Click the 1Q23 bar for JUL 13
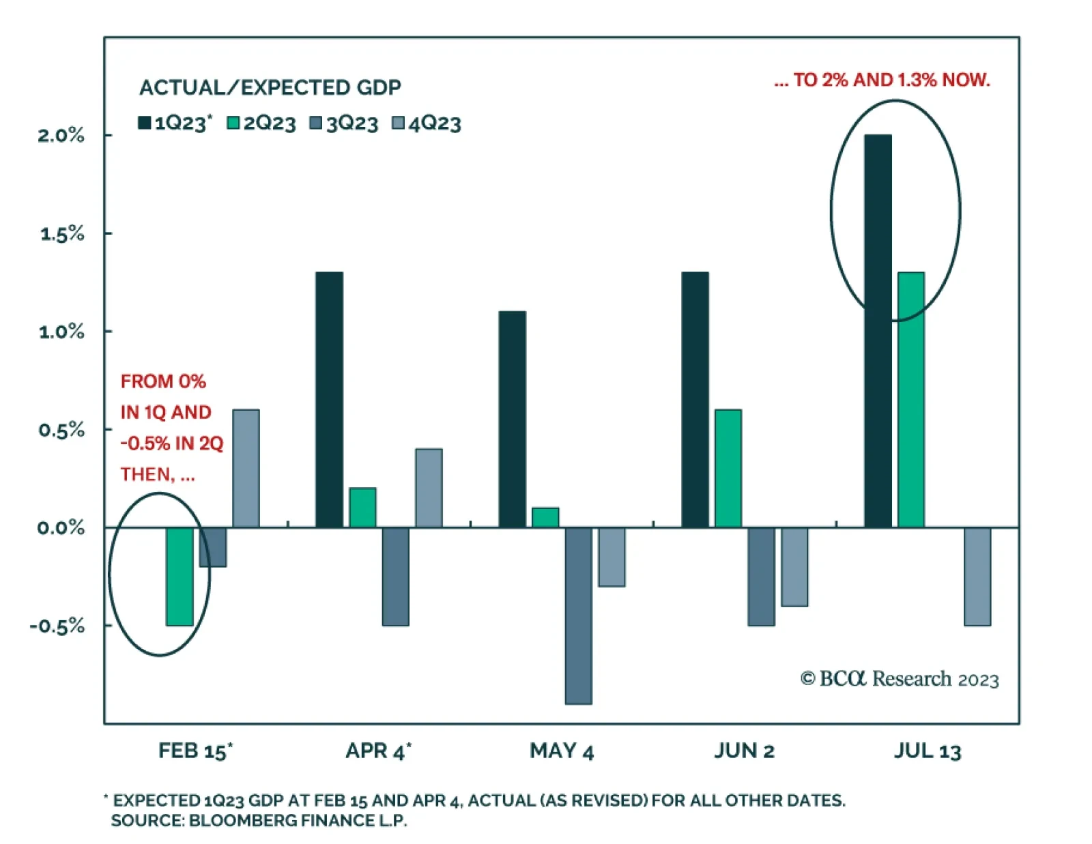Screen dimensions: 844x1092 click(878, 331)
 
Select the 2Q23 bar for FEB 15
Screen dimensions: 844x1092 click(179, 576)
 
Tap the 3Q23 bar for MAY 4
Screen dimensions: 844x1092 click(578, 615)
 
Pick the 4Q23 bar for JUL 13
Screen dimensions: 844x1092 click(977, 576)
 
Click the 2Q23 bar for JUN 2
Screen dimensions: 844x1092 click(728, 468)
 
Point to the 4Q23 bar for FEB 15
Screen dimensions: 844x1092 click(246, 468)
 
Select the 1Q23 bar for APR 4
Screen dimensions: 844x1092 click(329, 399)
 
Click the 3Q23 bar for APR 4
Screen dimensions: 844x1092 click(395, 576)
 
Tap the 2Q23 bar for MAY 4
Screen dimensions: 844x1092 click(545, 517)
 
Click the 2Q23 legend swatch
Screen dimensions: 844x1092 click(233, 123)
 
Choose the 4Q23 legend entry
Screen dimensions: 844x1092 click(427, 123)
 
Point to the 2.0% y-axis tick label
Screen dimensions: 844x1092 click(61, 135)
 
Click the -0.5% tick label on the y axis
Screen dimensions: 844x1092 click(57, 626)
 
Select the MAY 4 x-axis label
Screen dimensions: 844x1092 click(562, 751)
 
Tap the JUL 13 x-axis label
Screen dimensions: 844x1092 click(928, 751)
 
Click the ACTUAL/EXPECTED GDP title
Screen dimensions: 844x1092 click(270, 87)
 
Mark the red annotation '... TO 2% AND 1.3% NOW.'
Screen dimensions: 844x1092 click(882, 80)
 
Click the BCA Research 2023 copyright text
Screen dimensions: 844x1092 click(900, 679)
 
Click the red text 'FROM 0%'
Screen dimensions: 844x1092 click(163, 381)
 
